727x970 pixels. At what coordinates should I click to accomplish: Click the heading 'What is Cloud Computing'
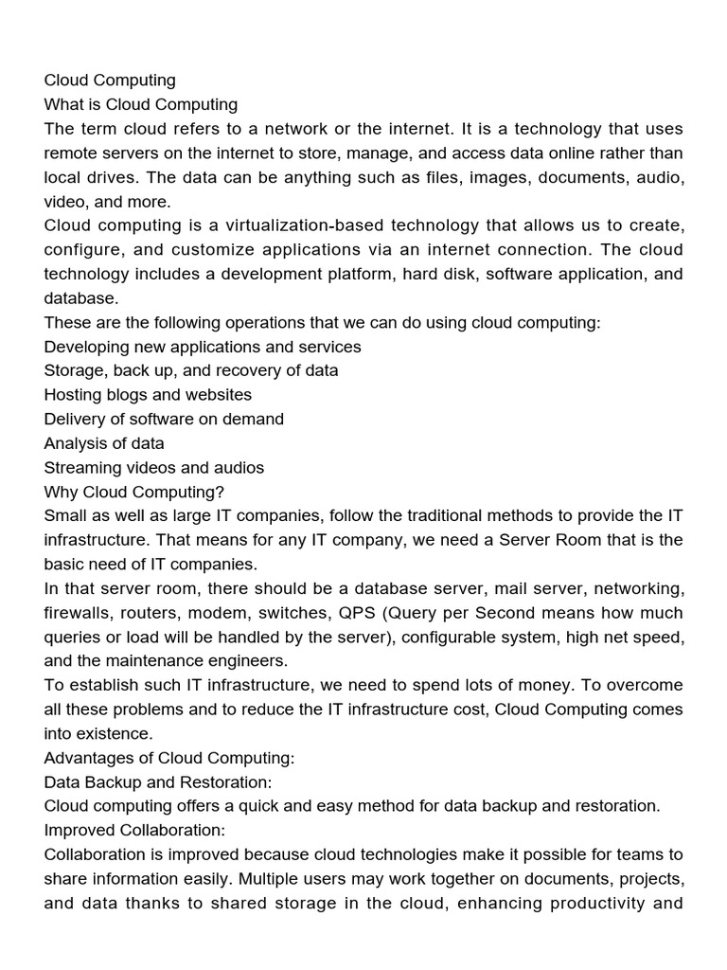141,104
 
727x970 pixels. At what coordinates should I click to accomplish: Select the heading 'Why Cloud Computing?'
132,492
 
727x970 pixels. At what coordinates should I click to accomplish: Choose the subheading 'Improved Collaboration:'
135,831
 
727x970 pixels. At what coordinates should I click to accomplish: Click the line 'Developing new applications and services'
203,347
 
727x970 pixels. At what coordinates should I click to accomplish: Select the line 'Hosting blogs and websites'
148,395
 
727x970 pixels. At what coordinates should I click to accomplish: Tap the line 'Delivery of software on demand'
164,419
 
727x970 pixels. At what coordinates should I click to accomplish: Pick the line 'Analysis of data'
104,443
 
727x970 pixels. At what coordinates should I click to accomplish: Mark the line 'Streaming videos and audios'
154,468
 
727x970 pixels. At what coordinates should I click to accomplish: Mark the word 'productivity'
585,904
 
